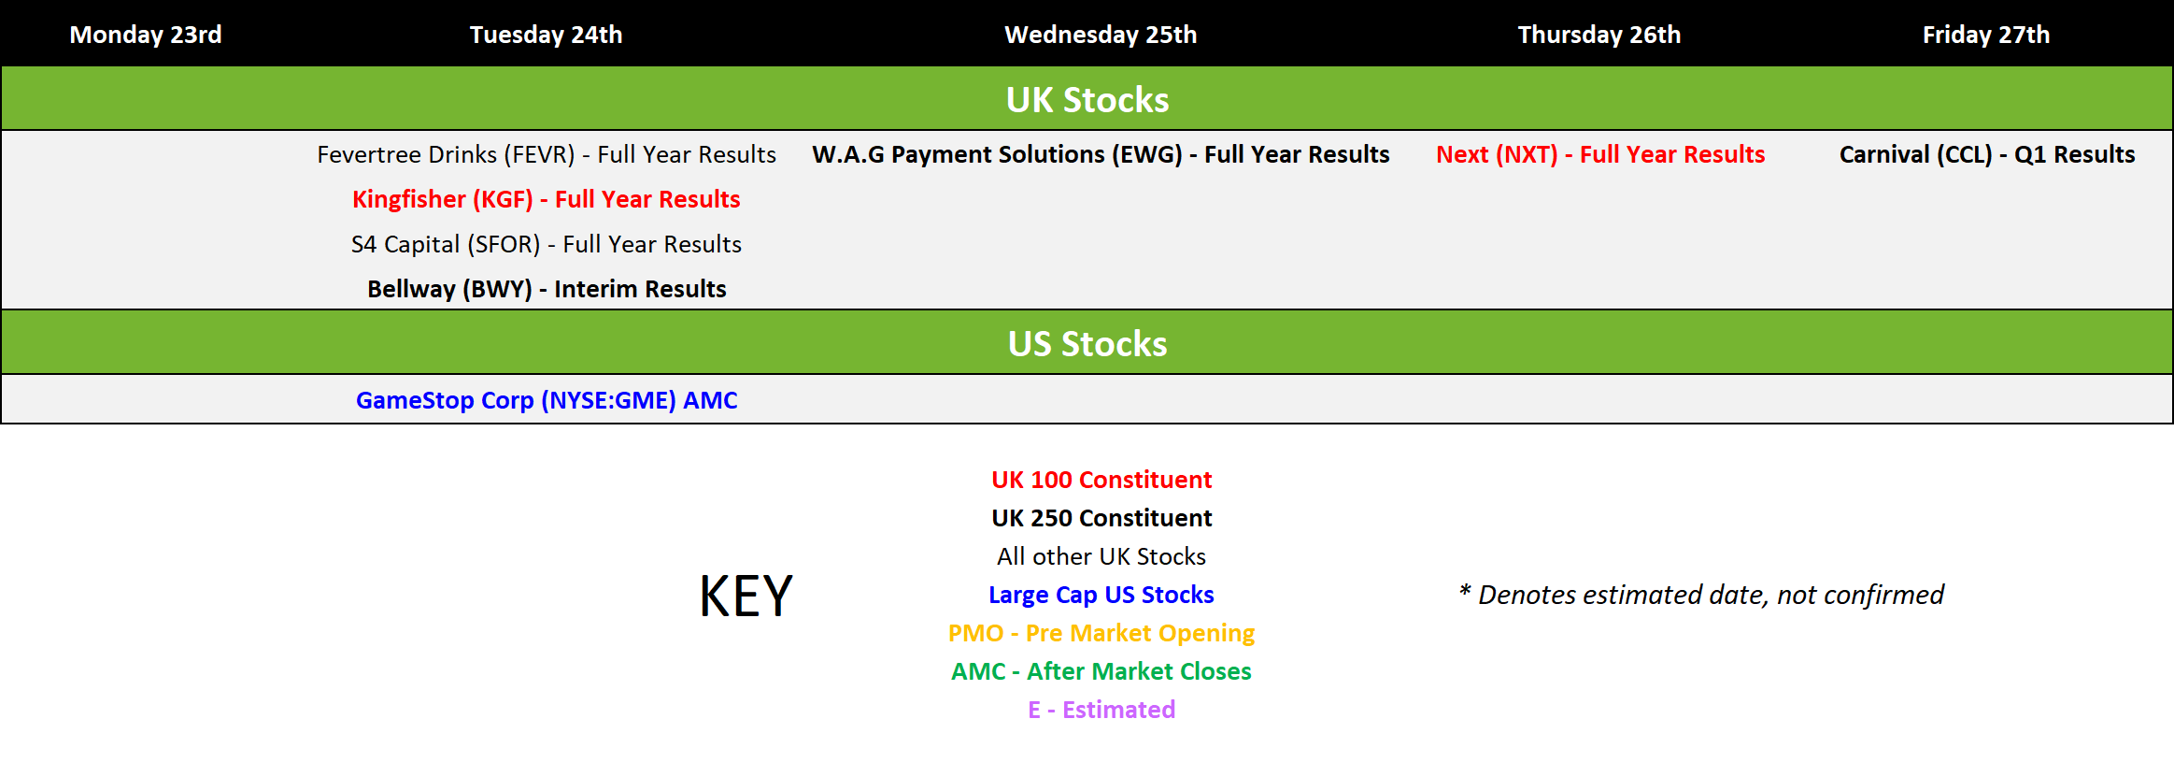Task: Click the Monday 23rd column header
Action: click(x=146, y=35)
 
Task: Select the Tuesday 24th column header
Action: click(x=546, y=35)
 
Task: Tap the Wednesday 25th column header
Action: click(x=1101, y=35)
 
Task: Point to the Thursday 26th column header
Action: click(x=1599, y=35)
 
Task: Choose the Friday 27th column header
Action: click(x=1986, y=35)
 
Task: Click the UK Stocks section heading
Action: click(x=1087, y=100)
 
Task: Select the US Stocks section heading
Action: click(x=1087, y=344)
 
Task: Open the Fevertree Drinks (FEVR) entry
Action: click(x=547, y=154)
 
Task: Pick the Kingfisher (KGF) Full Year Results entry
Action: click(x=547, y=199)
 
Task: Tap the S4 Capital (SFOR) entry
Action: click(x=547, y=244)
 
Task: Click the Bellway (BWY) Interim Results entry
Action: click(x=547, y=289)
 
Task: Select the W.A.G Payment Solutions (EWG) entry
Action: click(x=1101, y=154)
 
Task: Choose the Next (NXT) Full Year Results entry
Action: click(x=1600, y=154)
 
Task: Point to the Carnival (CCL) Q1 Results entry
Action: click(x=1987, y=154)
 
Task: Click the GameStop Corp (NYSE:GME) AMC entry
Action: click(x=547, y=400)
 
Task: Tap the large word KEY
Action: click(x=746, y=596)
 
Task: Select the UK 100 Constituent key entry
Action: click(x=1101, y=480)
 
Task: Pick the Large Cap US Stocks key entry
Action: click(x=1101, y=595)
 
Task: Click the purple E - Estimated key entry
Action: click(x=1101, y=710)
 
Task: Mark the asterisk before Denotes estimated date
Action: click(x=1465, y=590)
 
